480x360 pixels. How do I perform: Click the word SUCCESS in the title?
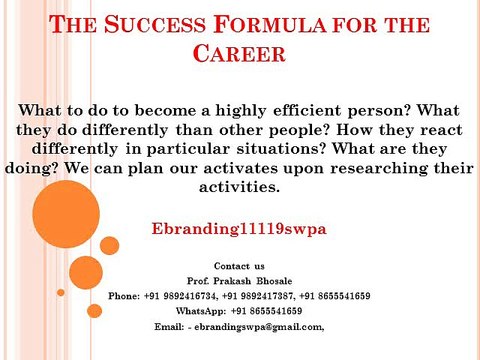click(x=155, y=24)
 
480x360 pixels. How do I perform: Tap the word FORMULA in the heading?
click(x=270, y=24)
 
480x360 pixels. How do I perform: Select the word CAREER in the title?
click(x=239, y=53)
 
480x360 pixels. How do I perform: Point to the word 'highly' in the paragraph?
click(x=241, y=111)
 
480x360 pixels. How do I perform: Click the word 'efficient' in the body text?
click(x=307, y=110)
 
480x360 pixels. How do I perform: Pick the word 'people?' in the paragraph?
click(x=299, y=130)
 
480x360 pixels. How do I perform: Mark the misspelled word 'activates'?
click(x=240, y=168)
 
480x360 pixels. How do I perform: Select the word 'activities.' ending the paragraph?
click(x=239, y=187)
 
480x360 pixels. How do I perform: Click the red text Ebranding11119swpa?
click(x=239, y=229)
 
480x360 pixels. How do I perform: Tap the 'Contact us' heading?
click(x=239, y=266)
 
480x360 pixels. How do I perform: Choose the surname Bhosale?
click(x=274, y=281)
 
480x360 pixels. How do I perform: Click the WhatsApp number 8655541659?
click(x=276, y=311)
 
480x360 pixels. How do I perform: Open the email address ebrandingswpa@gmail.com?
click(x=258, y=327)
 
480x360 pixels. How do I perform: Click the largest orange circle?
click(x=66, y=214)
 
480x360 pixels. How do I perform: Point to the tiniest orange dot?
click(x=61, y=292)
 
